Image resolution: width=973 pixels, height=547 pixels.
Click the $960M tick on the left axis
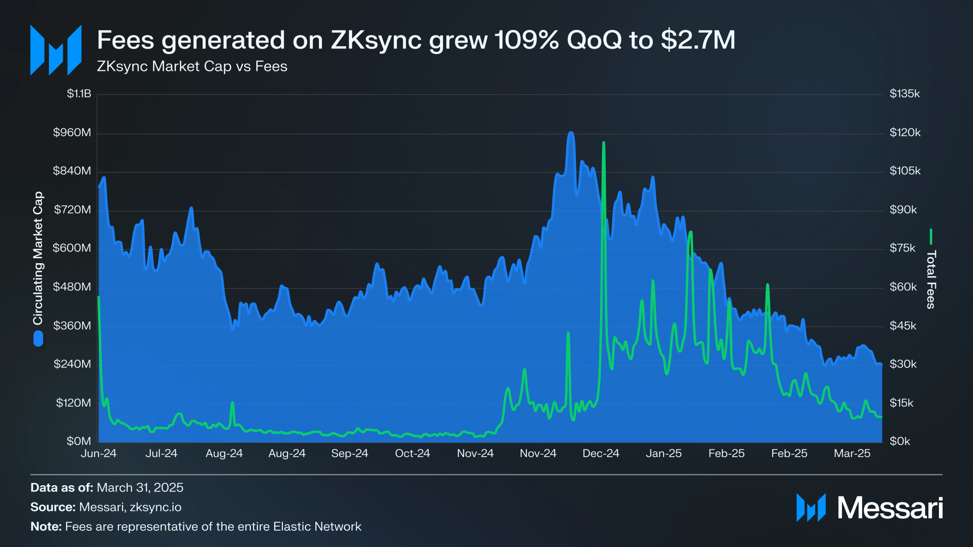72,133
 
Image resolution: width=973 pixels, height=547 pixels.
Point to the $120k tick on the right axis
904,133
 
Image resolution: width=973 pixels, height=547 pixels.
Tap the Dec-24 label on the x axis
601,453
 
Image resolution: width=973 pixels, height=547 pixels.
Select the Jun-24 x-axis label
99,453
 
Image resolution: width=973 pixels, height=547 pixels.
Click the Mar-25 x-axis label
852,453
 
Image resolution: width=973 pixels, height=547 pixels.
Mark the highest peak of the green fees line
603,143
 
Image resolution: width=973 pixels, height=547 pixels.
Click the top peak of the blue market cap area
571,133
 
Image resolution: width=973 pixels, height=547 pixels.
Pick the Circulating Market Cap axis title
38,258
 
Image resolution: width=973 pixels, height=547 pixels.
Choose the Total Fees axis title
931,280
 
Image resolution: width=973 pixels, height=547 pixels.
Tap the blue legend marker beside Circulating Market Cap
38,339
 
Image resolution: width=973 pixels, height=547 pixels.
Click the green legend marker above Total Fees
931,237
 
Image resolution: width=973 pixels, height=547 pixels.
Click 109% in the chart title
526,40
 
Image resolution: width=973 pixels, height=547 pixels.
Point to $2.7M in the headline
698,40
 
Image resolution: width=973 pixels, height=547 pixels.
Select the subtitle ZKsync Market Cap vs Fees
192,66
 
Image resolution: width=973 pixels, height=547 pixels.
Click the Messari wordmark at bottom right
889,508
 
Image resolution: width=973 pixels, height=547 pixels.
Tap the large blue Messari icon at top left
56,50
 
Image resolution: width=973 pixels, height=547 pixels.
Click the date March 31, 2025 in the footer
140,488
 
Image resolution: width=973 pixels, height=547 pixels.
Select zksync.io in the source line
155,507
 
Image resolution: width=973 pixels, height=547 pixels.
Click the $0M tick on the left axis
79,441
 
